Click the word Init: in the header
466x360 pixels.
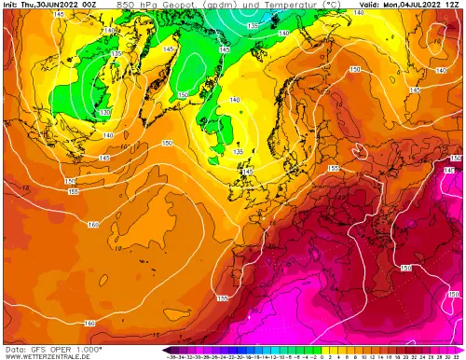click(x=12, y=5)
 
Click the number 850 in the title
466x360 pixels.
click(x=127, y=5)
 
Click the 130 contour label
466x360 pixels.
click(x=105, y=113)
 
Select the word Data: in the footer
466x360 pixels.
click(x=12, y=347)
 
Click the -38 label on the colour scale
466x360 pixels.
click(x=171, y=355)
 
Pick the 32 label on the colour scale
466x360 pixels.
click(x=457, y=355)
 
